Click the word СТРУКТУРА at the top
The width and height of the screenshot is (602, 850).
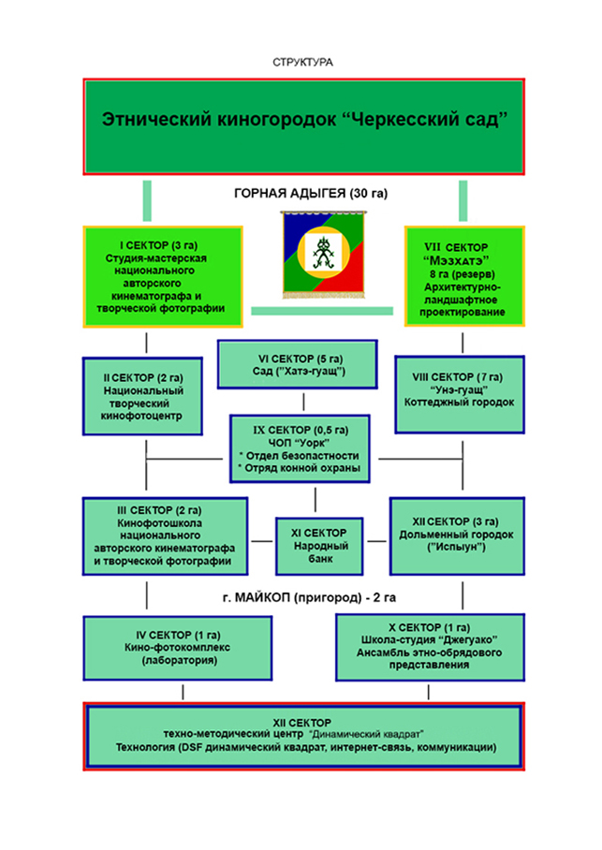tap(302, 63)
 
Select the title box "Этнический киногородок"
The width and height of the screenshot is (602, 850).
tap(303, 126)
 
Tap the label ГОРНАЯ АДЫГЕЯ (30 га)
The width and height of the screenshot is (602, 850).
tap(311, 194)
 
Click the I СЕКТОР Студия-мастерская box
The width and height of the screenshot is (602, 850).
tap(163, 276)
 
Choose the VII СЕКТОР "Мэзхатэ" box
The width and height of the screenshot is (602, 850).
tap(464, 276)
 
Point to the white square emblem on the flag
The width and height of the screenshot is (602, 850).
tap(323, 252)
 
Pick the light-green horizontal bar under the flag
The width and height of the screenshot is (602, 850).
tap(322, 311)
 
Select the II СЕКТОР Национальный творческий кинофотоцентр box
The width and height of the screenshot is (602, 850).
tap(142, 396)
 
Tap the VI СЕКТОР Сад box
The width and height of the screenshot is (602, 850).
tap(297, 364)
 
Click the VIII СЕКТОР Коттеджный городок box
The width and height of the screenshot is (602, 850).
tap(460, 395)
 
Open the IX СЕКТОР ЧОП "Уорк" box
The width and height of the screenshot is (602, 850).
tap(300, 448)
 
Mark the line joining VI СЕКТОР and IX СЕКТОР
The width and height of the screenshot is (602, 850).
tap(303, 402)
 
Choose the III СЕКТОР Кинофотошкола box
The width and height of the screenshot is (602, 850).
tap(166, 536)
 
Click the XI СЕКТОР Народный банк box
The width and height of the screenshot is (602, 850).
tap(319, 546)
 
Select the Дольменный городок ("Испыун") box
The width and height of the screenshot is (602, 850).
tap(457, 536)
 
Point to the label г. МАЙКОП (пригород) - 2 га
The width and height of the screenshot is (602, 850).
tap(309, 598)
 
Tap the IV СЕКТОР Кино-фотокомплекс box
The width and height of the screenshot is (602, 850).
tap(177, 648)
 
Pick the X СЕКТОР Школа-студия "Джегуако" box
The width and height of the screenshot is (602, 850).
tap(430, 647)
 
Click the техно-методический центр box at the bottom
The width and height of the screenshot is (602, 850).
tap(303, 736)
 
